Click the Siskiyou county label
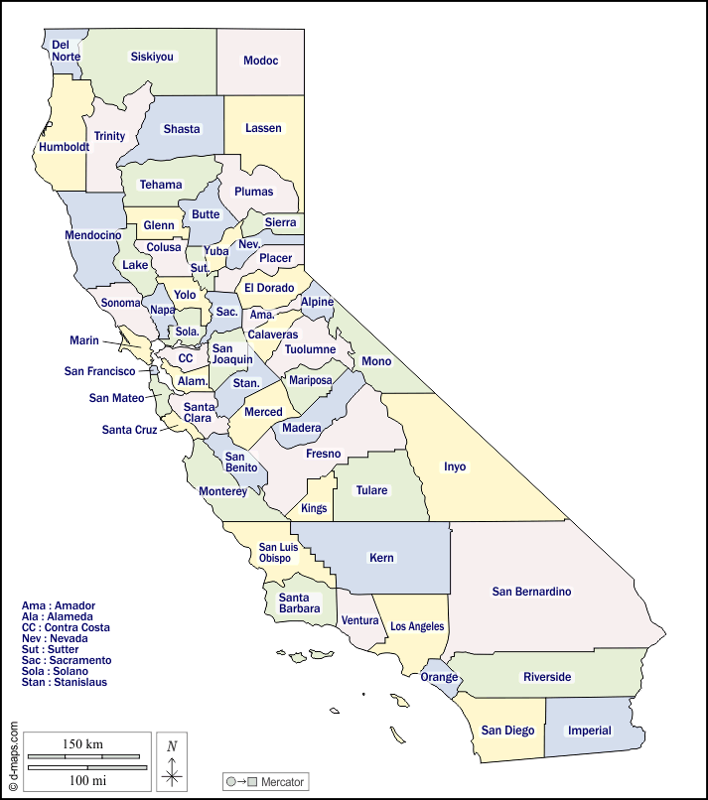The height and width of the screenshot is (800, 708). (152, 57)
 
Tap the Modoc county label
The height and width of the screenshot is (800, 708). (261, 61)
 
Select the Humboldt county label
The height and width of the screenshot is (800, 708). (65, 147)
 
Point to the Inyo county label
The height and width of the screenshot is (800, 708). (454, 467)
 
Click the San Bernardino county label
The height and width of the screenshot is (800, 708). (531, 592)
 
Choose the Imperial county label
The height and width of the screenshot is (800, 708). (590, 731)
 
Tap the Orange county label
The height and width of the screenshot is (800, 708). (439, 677)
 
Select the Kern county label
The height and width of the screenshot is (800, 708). (381, 558)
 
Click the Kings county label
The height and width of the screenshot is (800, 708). (314, 508)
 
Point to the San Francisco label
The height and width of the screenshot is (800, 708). (99, 371)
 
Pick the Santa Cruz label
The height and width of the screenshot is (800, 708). (129, 430)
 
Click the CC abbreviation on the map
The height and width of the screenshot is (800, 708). (186, 358)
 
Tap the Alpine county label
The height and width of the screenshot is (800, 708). (318, 302)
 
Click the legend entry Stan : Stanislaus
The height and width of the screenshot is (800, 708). (64, 682)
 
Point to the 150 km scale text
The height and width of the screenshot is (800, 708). (82, 744)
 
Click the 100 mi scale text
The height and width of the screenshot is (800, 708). (86, 781)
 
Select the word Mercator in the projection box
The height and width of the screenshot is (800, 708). (282, 782)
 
